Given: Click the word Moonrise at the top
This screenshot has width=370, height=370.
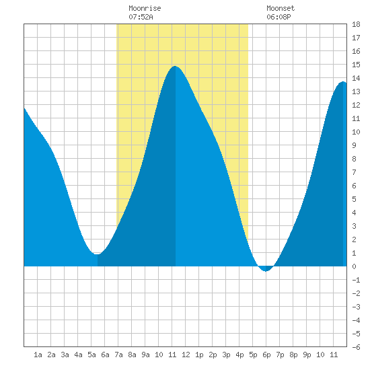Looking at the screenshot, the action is (x=145, y=8).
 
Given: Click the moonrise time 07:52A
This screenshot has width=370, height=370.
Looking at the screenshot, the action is (x=141, y=17).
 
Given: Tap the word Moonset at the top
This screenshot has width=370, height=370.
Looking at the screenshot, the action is (x=281, y=8).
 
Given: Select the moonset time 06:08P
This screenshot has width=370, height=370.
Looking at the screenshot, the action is (x=279, y=17).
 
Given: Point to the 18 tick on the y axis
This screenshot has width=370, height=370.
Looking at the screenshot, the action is (x=356, y=24).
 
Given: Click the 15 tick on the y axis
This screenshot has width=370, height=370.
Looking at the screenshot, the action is (x=356, y=65).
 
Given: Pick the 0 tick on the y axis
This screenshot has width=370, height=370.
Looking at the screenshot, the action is (x=354, y=266).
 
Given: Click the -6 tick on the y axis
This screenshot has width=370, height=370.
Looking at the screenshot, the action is (x=356, y=347).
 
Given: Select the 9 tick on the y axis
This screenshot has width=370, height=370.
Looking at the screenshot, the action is (x=354, y=145).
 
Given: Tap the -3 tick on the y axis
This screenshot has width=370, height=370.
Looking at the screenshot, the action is (x=356, y=307).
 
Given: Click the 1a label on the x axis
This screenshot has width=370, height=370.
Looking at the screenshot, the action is (x=38, y=355).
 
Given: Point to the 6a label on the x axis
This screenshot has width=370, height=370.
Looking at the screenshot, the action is (x=105, y=355).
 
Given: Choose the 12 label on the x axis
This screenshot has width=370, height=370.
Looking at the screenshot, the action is (x=186, y=355).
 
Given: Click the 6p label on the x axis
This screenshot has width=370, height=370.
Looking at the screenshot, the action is (x=266, y=355).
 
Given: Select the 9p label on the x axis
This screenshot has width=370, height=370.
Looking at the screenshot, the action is (x=307, y=355).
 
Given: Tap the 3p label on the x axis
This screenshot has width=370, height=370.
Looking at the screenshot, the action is (x=226, y=355).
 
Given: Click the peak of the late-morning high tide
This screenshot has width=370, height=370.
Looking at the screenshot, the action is (x=175, y=67).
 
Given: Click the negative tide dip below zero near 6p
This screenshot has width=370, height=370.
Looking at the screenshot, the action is (x=266, y=271).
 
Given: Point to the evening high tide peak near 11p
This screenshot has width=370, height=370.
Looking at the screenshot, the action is (x=343, y=82).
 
